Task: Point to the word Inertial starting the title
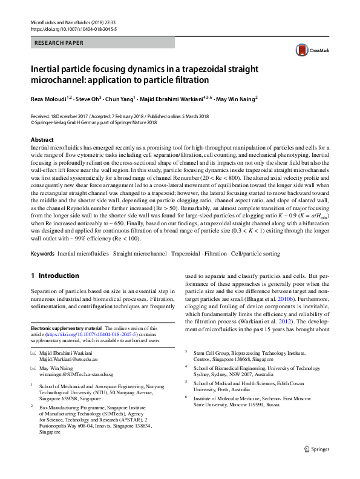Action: click(x=50, y=69)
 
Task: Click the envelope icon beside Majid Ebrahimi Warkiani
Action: click(x=33, y=352)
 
